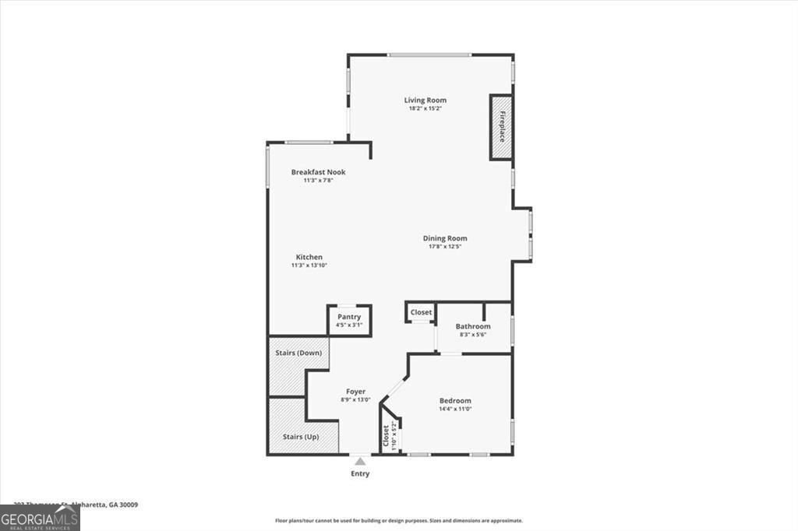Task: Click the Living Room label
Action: tap(425, 100)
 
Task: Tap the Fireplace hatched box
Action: tap(501, 127)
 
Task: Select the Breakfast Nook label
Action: tap(318, 172)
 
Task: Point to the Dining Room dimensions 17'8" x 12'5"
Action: tap(445, 247)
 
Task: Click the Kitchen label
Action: tap(309, 257)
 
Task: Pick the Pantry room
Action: tap(348, 320)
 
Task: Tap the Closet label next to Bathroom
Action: tap(421, 312)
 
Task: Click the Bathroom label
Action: tap(472, 326)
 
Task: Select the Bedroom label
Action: tap(455, 400)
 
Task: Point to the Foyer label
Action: tap(355, 391)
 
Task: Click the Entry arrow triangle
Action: tap(359, 462)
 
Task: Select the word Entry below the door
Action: tap(359, 473)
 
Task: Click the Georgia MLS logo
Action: tap(40, 518)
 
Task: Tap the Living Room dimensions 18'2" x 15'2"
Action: tap(425, 108)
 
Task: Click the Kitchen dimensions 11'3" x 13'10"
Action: tap(309, 265)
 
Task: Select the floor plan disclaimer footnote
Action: tap(398, 520)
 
